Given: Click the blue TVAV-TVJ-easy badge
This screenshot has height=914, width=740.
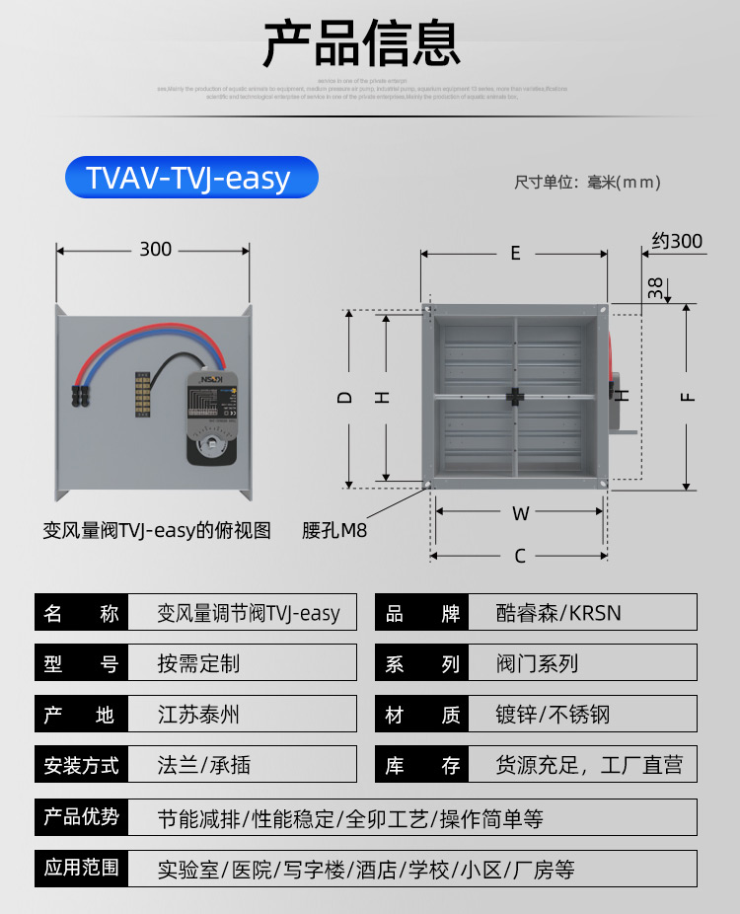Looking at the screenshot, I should pyautogui.click(x=191, y=178).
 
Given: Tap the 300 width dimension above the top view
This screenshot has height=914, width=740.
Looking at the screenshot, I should pyautogui.click(x=155, y=250).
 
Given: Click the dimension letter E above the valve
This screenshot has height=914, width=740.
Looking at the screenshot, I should pyautogui.click(x=515, y=254).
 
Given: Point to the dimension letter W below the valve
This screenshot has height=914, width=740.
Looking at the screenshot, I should pyautogui.click(x=520, y=512).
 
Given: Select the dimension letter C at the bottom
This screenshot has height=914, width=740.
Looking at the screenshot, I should pyautogui.click(x=520, y=557).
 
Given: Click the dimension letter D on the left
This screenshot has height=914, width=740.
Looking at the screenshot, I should pyautogui.click(x=344, y=397).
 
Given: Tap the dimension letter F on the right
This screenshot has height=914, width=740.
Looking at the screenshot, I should pyautogui.click(x=688, y=397).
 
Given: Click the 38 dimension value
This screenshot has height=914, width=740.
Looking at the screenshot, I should pyautogui.click(x=655, y=287).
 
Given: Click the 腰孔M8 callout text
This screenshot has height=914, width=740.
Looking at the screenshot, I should pyautogui.click(x=334, y=531).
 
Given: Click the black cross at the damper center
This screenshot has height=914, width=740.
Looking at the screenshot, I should pyautogui.click(x=515, y=397).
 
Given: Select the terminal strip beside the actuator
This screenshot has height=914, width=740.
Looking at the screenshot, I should pyautogui.click(x=143, y=395).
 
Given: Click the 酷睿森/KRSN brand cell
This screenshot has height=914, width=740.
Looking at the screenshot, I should pyautogui.click(x=558, y=613).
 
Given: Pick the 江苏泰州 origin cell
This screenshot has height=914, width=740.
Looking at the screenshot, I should pyautogui.click(x=198, y=715).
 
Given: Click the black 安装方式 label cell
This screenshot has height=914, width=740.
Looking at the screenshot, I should pyautogui.click(x=81, y=765).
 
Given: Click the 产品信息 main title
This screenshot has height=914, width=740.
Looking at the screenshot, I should pyautogui.click(x=361, y=42).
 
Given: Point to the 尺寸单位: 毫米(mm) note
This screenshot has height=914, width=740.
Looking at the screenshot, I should pyautogui.click(x=587, y=183).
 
